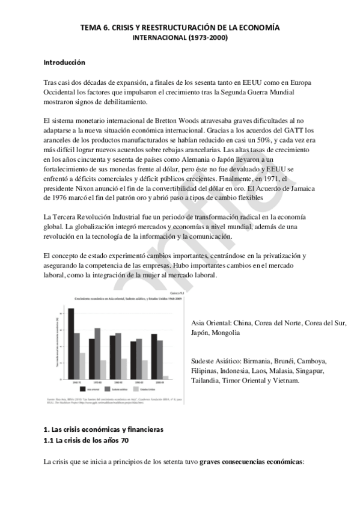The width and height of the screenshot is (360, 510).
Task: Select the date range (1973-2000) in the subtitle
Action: click(x=207, y=37)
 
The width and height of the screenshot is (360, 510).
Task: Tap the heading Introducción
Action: click(x=64, y=63)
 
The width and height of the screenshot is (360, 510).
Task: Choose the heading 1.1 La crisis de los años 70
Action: click(x=86, y=440)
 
